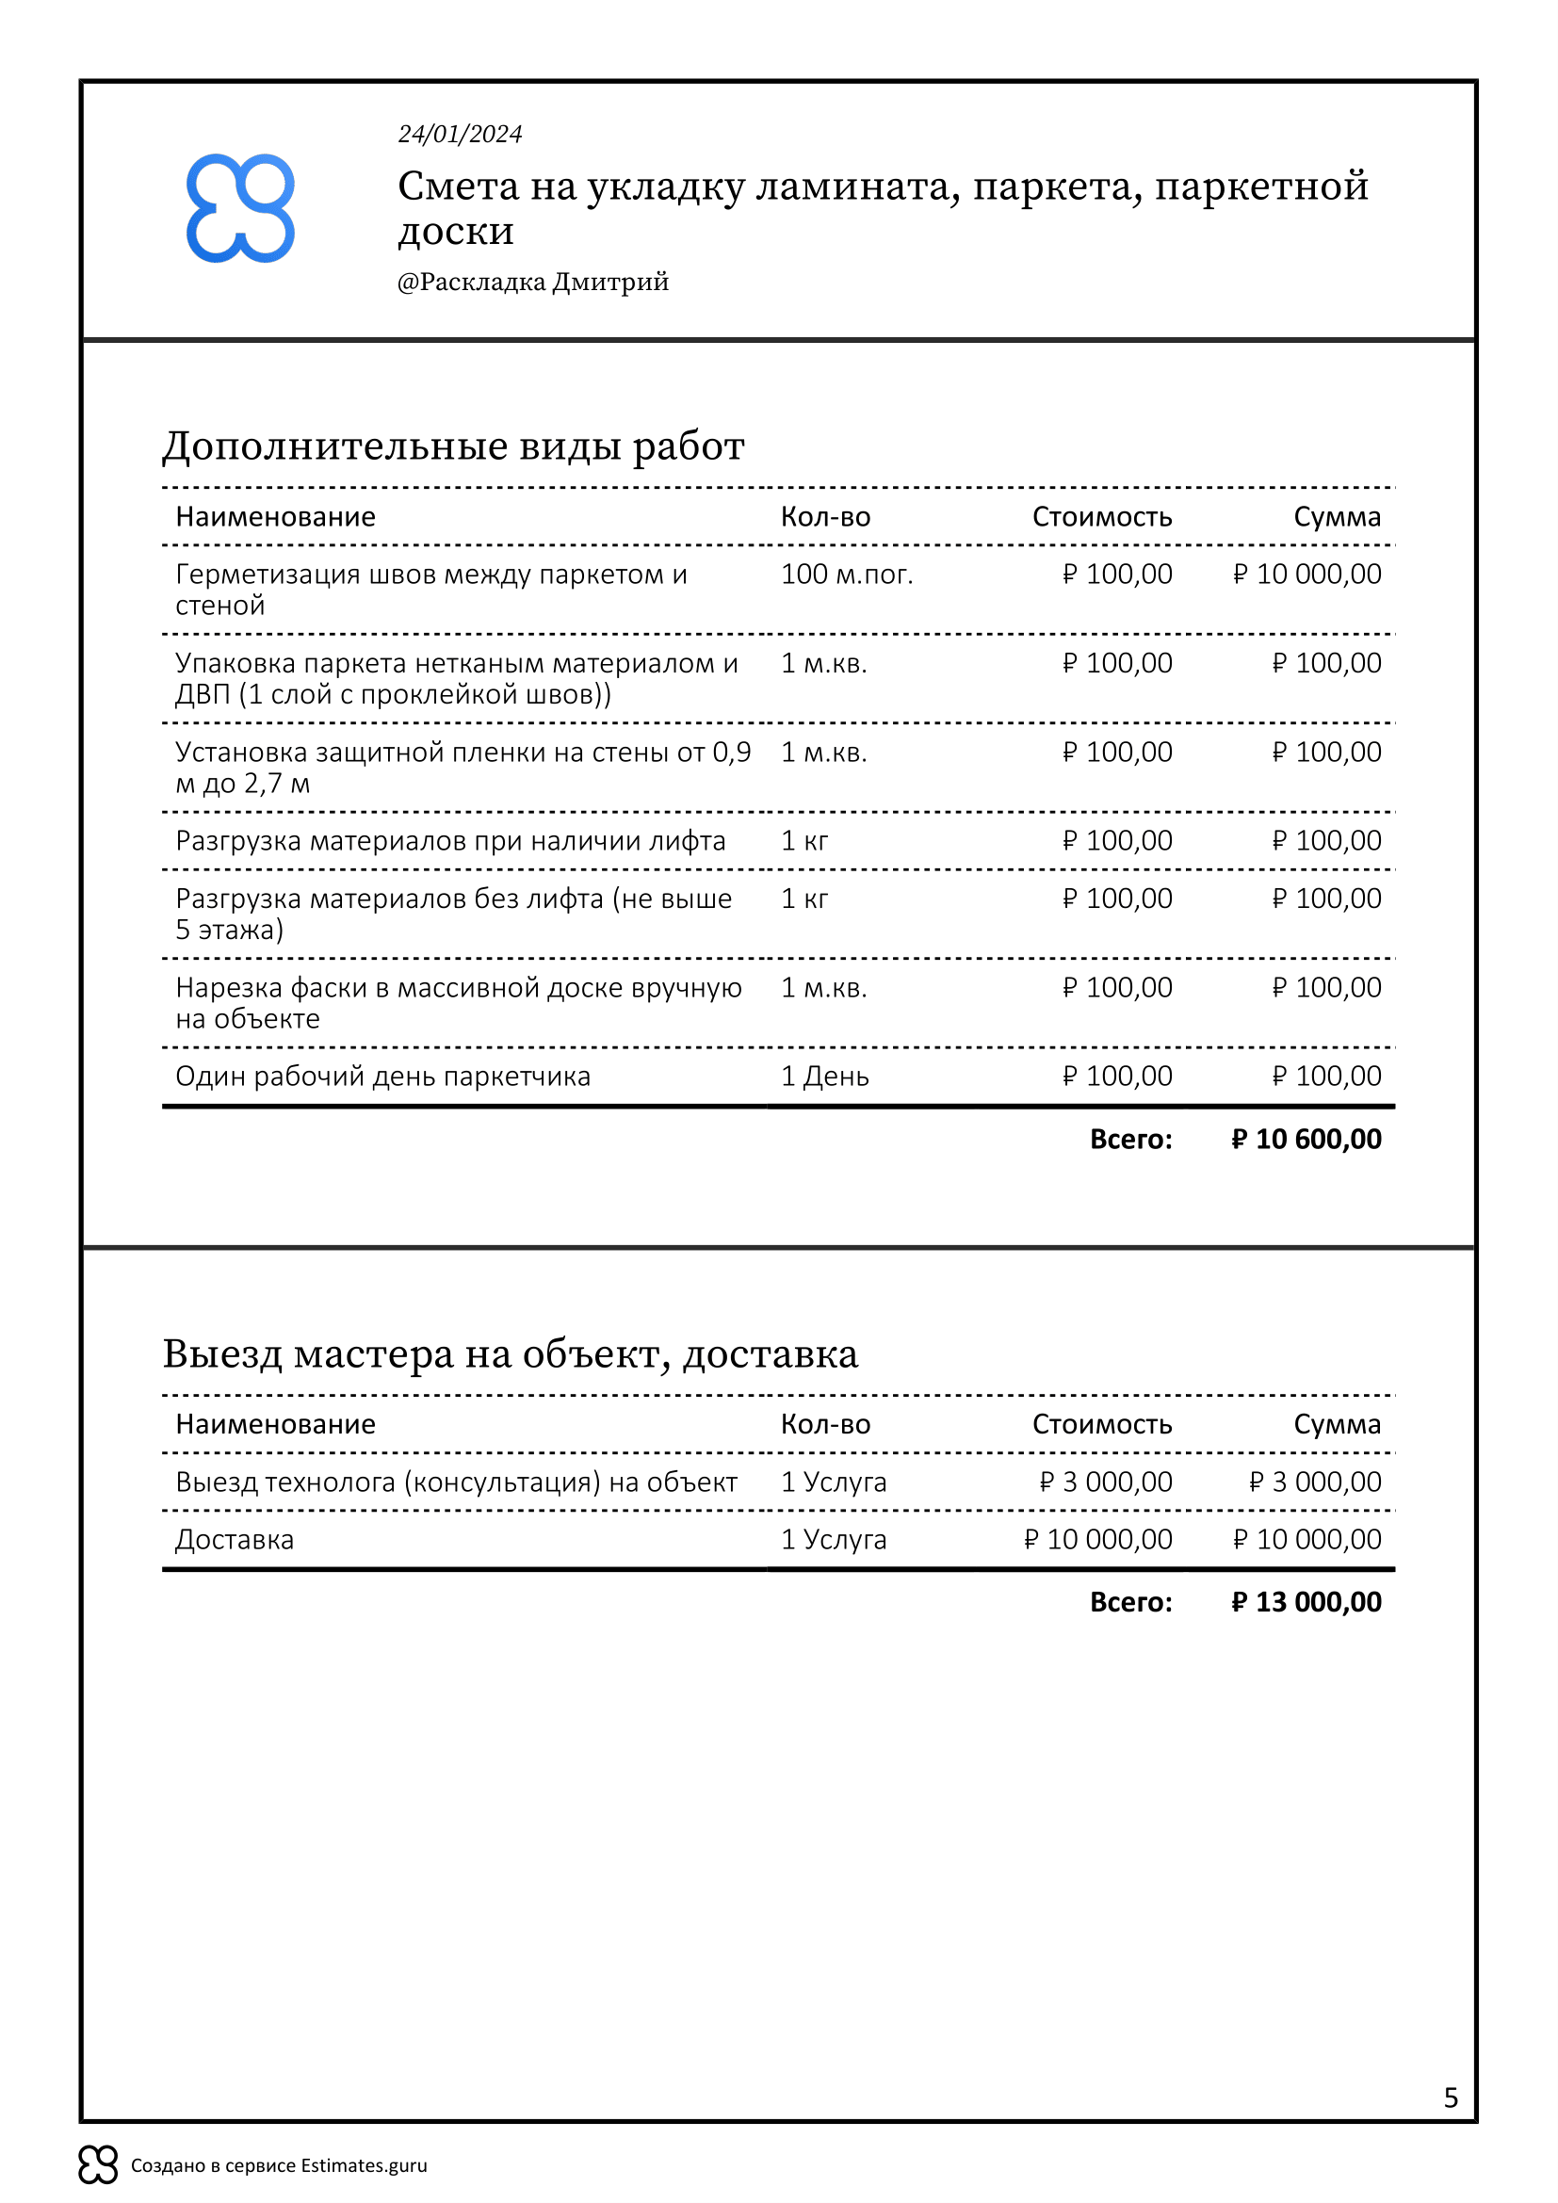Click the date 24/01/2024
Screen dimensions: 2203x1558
[x=460, y=135]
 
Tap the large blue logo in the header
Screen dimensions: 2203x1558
[x=240, y=208]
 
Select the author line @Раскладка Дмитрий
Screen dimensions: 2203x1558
[x=532, y=283]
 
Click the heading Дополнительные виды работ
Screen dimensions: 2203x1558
[x=453, y=446]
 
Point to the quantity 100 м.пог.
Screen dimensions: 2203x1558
[x=846, y=575]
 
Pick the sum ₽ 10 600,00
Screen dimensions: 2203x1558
[x=1306, y=1139]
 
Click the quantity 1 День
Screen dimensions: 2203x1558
[x=824, y=1077]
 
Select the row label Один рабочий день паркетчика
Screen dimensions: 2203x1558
[x=382, y=1077]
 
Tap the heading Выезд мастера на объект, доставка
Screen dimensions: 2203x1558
[x=510, y=1353]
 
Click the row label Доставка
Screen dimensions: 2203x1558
[x=235, y=1540]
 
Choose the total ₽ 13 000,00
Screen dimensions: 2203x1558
[x=1306, y=1601]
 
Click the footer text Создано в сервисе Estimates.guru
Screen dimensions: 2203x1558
[x=278, y=2165]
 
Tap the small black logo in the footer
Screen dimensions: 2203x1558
[x=98, y=2164]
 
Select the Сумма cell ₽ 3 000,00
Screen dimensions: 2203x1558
[x=1314, y=1482]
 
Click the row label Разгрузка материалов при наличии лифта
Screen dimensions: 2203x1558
[x=450, y=841]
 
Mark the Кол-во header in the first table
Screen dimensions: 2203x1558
[x=825, y=517]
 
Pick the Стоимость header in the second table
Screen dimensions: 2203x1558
[x=1101, y=1425]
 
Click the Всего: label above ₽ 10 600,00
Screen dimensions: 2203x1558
[x=1130, y=1139]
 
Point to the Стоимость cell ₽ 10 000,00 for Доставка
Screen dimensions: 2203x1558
[x=1097, y=1540]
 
